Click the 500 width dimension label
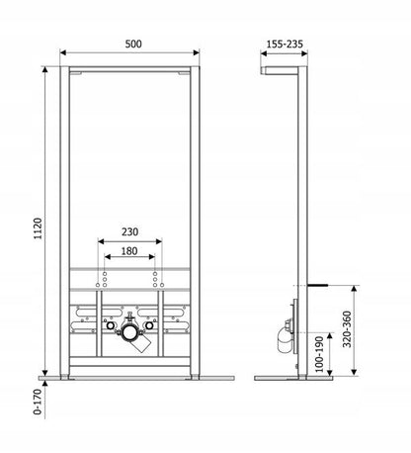click(x=133, y=44)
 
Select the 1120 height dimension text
click(x=39, y=228)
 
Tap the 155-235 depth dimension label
click(x=285, y=44)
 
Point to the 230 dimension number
click(x=129, y=231)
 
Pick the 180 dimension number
click(x=129, y=251)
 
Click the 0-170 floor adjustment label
click(x=38, y=402)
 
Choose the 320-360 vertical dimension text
click(x=347, y=329)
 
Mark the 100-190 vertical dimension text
click(x=320, y=354)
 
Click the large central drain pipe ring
click(x=129, y=332)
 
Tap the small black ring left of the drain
click(x=111, y=325)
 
